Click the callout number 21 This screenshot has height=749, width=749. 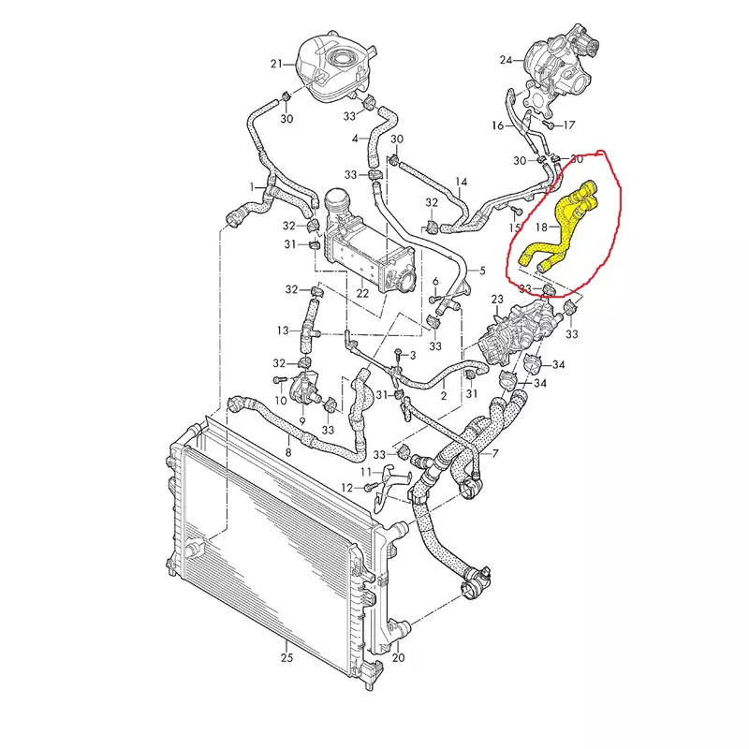[276, 64]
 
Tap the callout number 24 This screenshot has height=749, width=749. [506, 60]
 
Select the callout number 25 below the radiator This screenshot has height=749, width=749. [286, 658]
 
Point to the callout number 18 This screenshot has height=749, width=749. [541, 228]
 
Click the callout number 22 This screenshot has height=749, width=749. [362, 293]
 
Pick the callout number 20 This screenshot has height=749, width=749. [399, 658]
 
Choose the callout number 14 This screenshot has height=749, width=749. [461, 182]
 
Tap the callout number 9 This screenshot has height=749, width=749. [302, 421]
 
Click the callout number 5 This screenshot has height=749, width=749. [482, 271]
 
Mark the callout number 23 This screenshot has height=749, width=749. [497, 300]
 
